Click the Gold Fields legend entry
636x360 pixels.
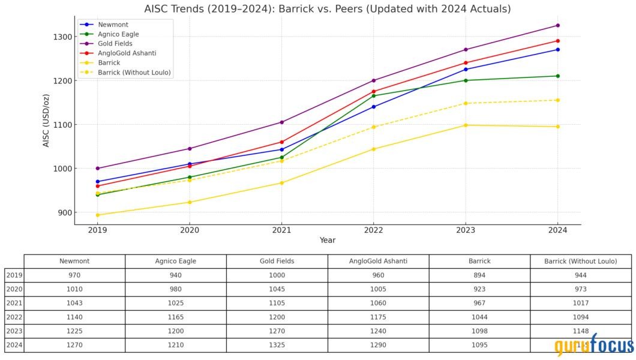(115, 44)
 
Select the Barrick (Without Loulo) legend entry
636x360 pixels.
(134, 73)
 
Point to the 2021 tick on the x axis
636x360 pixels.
(281, 230)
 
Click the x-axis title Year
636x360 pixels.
(328, 241)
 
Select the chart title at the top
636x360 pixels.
(328, 9)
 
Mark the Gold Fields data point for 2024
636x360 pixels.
(557, 25)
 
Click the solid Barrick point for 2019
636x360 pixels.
(98, 215)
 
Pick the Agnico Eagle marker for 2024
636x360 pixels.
(557, 76)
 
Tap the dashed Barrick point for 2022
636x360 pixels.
(374, 127)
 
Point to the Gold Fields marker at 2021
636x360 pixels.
(281, 122)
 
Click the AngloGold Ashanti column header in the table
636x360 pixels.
(378, 262)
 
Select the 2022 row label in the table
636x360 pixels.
(14, 317)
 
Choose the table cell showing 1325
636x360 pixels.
(277, 345)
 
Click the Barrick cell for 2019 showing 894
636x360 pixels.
(479, 275)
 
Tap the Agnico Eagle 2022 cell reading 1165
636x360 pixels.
(175, 317)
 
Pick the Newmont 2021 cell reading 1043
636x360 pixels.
(74, 303)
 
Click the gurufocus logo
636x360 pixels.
(593, 346)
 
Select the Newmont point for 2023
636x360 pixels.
(466, 70)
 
